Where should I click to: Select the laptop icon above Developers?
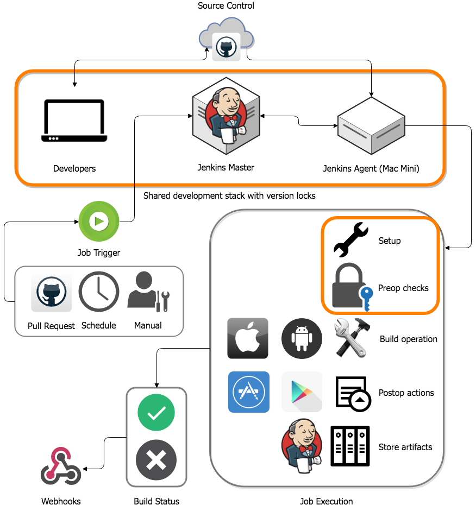click(x=74, y=121)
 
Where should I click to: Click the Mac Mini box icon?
click(x=371, y=126)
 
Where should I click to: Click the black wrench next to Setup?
click(x=350, y=239)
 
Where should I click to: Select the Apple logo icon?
click(x=248, y=338)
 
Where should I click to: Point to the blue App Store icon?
click(x=248, y=392)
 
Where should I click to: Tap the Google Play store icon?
click(x=302, y=392)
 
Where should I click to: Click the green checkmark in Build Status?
click(x=156, y=413)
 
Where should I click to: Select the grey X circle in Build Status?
click(x=156, y=461)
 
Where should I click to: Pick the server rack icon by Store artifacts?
click(x=350, y=446)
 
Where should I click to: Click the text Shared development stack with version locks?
click(x=229, y=195)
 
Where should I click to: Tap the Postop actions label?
click(x=406, y=393)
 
